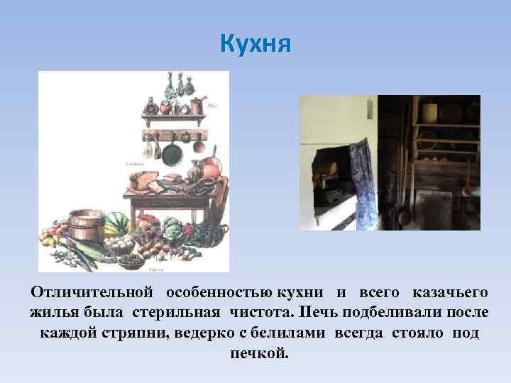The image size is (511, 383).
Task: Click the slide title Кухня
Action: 255,44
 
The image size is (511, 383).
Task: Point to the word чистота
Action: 263,312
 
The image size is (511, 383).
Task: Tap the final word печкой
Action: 259,353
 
